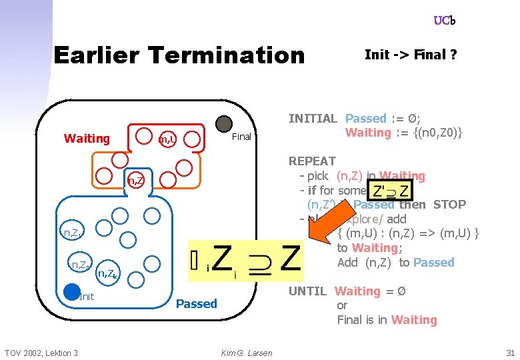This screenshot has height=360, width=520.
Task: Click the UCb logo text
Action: pos(444,21)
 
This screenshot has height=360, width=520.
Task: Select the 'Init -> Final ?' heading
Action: pos(411,55)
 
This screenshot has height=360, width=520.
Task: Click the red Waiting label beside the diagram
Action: pos(87,139)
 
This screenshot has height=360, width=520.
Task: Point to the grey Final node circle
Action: pos(225,123)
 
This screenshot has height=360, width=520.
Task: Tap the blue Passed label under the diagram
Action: pos(196,304)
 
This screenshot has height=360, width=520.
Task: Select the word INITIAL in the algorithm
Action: pos(313,119)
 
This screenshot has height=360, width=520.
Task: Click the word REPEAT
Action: pos(312,161)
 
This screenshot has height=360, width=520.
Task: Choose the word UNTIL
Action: pos(307,291)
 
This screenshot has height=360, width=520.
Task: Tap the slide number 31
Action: pos(511,353)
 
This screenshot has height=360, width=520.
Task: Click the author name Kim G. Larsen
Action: pos(247,353)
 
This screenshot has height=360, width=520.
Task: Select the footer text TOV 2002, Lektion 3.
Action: pos(42,353)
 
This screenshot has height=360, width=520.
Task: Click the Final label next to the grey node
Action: pos(241,137)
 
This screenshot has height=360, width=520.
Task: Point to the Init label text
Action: pos(87,297)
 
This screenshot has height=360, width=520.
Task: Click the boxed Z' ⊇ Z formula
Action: pos(391,189)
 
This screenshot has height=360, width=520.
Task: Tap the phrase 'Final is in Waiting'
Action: pos(387,320)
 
